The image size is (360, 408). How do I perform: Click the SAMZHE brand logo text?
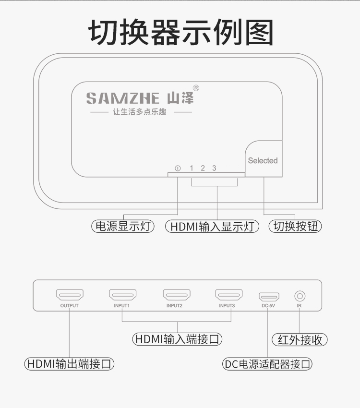(123, 98)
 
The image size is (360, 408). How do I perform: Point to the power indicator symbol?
(178, 168)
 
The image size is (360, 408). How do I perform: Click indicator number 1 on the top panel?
(192, 168)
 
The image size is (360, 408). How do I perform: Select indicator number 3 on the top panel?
(214, 168)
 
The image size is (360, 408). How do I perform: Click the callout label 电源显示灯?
(123, 226)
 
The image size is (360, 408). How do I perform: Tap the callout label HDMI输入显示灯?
(212, 226)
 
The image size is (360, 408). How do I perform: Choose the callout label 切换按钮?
(295, 226)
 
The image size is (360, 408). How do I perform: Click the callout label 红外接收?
(300, 340)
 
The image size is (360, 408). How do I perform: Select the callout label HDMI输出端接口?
(69, 364)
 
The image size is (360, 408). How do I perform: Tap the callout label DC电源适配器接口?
(268, 364)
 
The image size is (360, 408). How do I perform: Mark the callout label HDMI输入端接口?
(178, 339)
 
